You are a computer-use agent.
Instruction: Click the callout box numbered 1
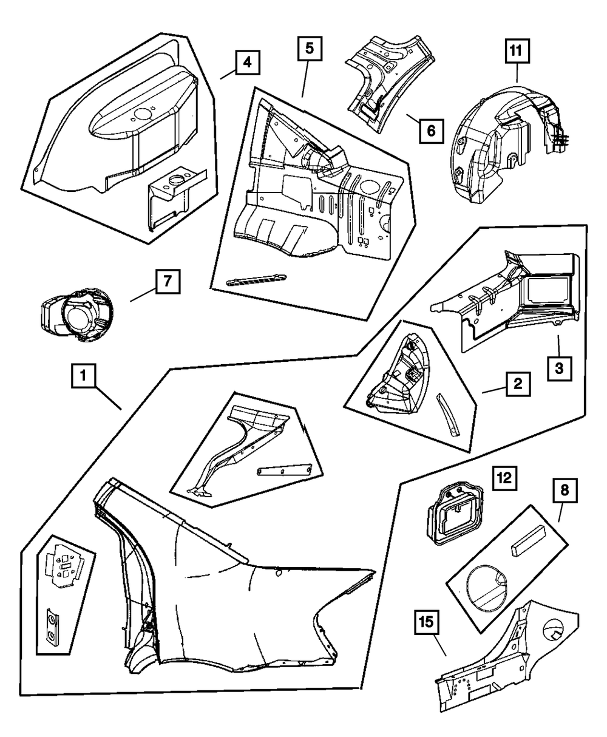(83, 376)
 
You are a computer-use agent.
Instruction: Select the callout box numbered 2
(517, 383)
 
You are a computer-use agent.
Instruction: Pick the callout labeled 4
(245, 62)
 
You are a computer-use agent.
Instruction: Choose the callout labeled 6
(430, 129)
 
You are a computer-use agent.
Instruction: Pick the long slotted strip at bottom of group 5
(255, 279)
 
